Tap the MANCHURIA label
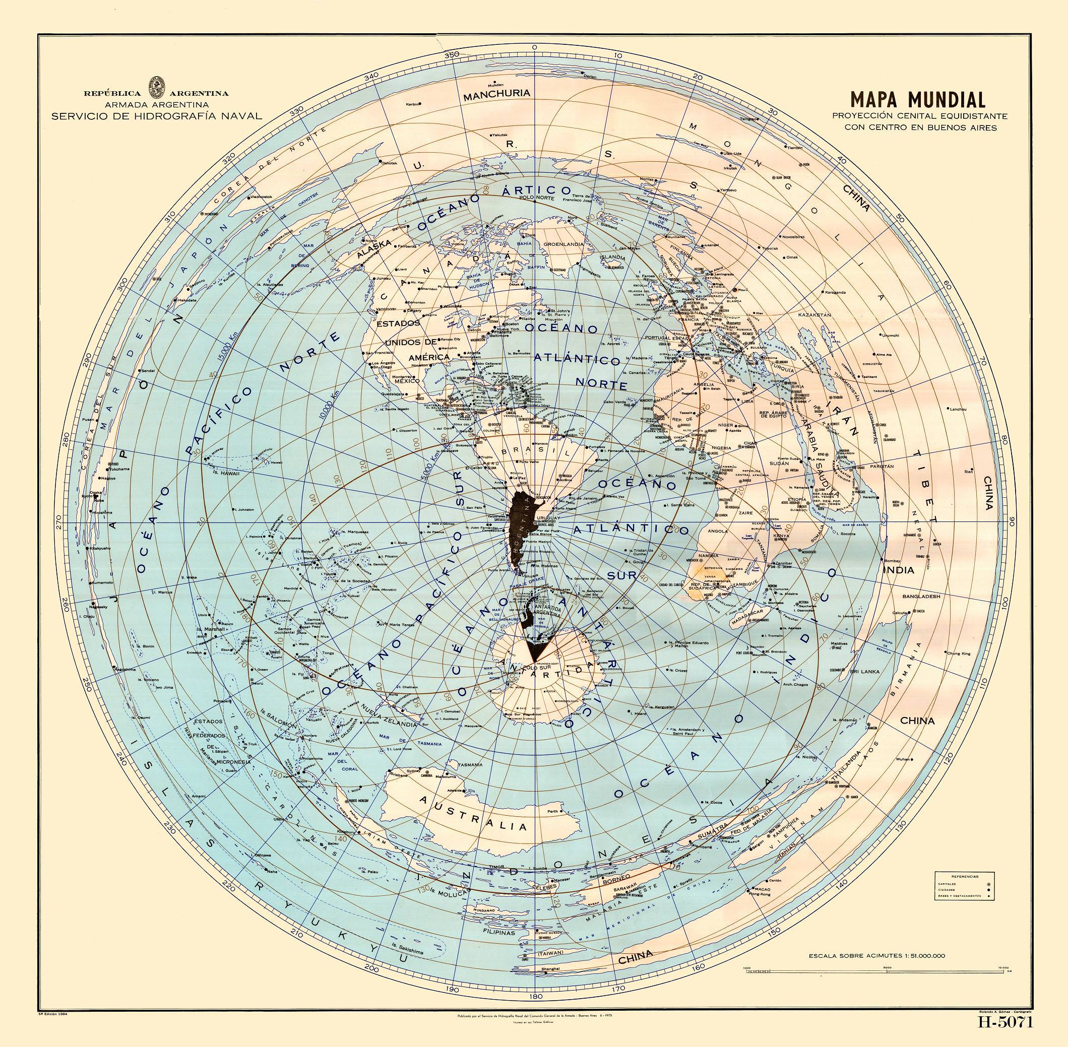tap(496, 94)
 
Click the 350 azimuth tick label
tap(452, 54)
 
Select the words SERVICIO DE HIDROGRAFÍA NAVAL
tap(156, 116)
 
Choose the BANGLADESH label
tap(921, 596)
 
